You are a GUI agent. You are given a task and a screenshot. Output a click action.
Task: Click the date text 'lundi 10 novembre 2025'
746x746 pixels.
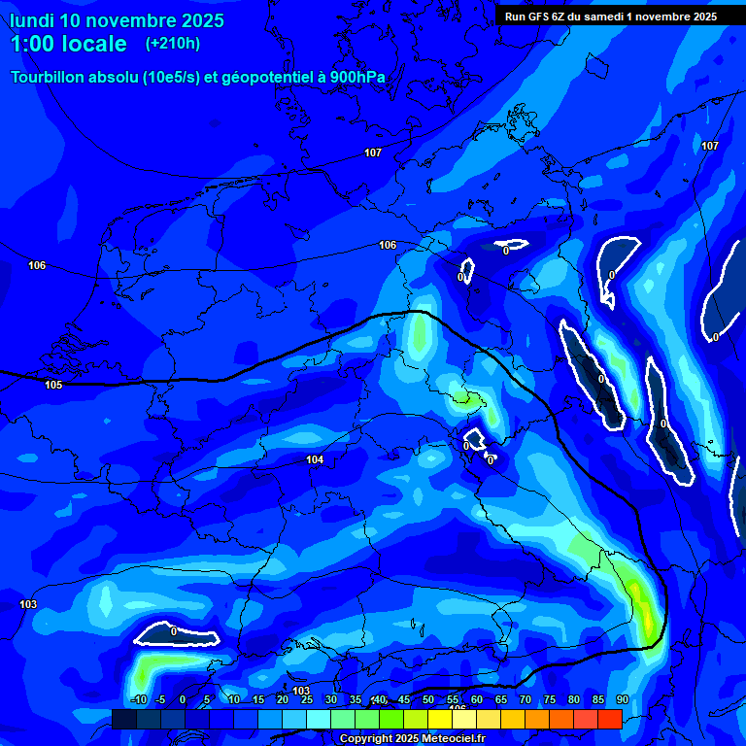tap(117, 20)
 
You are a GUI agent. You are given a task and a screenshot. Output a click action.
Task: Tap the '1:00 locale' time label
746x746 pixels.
tap(69, 44)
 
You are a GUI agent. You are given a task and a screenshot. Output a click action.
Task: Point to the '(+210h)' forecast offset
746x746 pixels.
tap(173, 44)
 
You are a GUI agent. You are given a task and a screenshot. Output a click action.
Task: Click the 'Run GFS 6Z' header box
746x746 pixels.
tap(611, 17)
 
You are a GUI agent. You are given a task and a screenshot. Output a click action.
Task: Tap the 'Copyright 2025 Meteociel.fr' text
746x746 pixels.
tap(412, 738)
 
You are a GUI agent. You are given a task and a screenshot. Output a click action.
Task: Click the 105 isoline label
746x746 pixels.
tap(53, 385)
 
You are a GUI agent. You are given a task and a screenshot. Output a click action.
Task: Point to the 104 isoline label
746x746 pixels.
tap(314, 459)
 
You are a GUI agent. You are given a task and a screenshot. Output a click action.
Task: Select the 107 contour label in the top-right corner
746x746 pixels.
tap(710, 146)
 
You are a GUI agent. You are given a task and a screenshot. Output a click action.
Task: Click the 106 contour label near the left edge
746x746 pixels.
tap(37, 265)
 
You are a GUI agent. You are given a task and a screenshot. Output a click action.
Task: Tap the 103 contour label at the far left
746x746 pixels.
tap(28, 604)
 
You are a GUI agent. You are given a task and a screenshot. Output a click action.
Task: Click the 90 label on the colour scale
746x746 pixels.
tap(622, 699)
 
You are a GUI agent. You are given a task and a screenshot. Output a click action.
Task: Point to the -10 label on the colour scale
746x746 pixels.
tap(138, 699)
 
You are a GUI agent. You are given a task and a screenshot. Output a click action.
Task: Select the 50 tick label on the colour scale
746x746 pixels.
tap(428, 699)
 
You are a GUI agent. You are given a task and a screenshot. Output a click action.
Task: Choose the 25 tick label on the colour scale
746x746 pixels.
tap(307, 699)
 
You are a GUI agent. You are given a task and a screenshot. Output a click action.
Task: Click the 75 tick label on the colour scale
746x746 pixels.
tap(550, 699)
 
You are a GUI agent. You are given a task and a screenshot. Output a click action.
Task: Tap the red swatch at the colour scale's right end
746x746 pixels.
tap(609, 719)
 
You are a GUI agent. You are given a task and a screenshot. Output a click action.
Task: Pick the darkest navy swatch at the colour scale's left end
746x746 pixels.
tap(123, 719)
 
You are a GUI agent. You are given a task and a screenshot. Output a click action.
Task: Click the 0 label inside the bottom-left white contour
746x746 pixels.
tap(173, 631)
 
